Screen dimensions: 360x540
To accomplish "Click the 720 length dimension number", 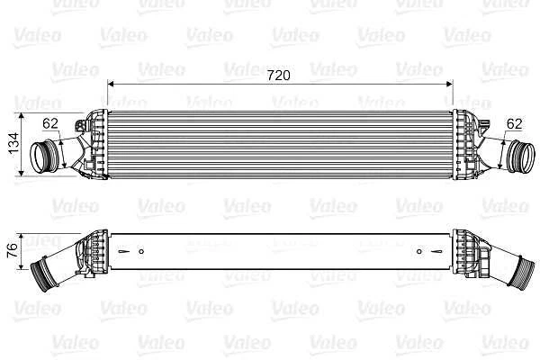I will click(x=279, y=76).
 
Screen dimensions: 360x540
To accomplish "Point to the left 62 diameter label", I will click(x=49, y=124).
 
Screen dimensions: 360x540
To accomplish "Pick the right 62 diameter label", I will click(x=515, y=123).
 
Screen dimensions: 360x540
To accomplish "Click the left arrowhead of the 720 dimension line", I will click(x=111, y=83).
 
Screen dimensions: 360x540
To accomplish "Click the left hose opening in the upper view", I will click(x=40, y=158).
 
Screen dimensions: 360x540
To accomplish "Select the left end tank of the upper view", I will click(x=95, y=144).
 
